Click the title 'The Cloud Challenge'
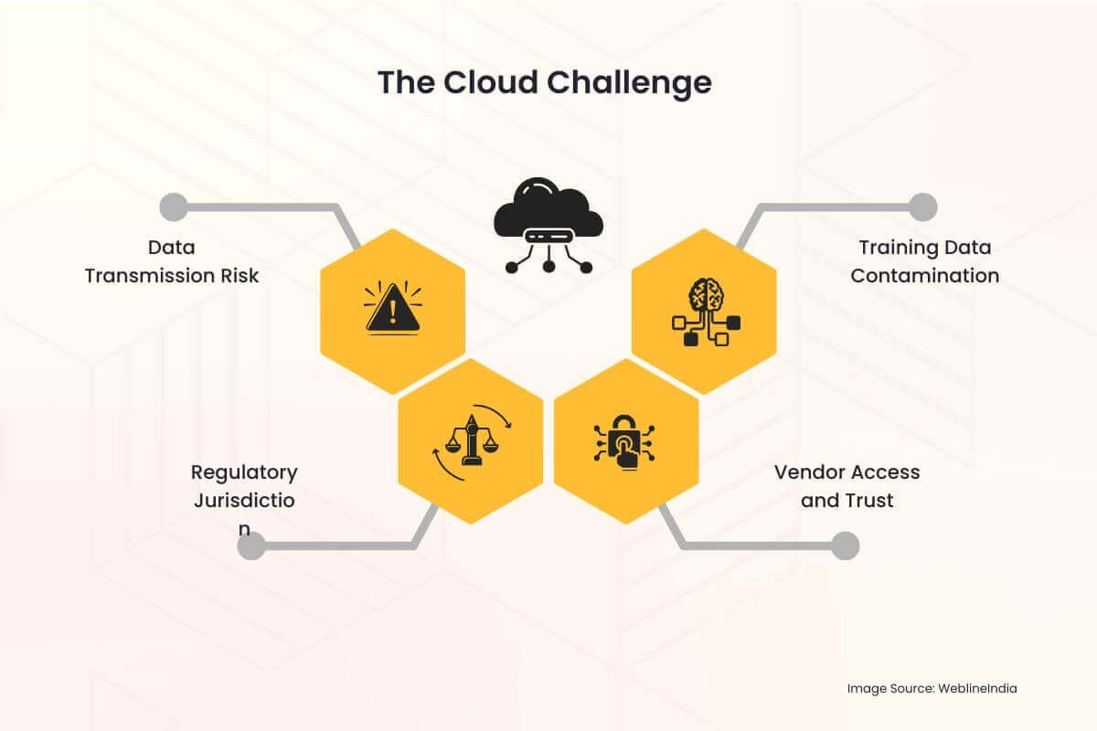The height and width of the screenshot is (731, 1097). click(x=545, y=82)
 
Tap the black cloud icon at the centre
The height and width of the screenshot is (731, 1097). click(x=548, y=224)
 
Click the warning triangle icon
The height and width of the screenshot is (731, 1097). click(x=393, y=308)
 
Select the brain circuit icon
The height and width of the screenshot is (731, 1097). click(x=703, y=311)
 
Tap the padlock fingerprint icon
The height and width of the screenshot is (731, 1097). click(x=626, y=442)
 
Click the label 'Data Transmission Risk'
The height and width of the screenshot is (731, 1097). click(x=172, y=261)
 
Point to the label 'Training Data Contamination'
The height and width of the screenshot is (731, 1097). click(x=924, y=261)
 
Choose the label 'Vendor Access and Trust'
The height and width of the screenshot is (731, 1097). click(x=847, y=486)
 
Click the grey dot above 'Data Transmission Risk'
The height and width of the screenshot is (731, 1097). click(x=173, y=207)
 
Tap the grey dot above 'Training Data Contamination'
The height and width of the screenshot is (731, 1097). click(x=923, y=207)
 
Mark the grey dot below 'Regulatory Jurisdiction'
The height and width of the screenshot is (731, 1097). click(x=251, y=546)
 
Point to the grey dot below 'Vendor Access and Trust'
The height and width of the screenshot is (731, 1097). click(x=846, y=546)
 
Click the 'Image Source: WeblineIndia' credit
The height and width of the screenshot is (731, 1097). click(x=932, y=688)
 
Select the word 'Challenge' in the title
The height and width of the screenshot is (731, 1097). click(x=630, y=82)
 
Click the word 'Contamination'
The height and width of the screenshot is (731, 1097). click(x=924, y=276)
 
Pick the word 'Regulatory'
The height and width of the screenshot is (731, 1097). click(x=244, y=472)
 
